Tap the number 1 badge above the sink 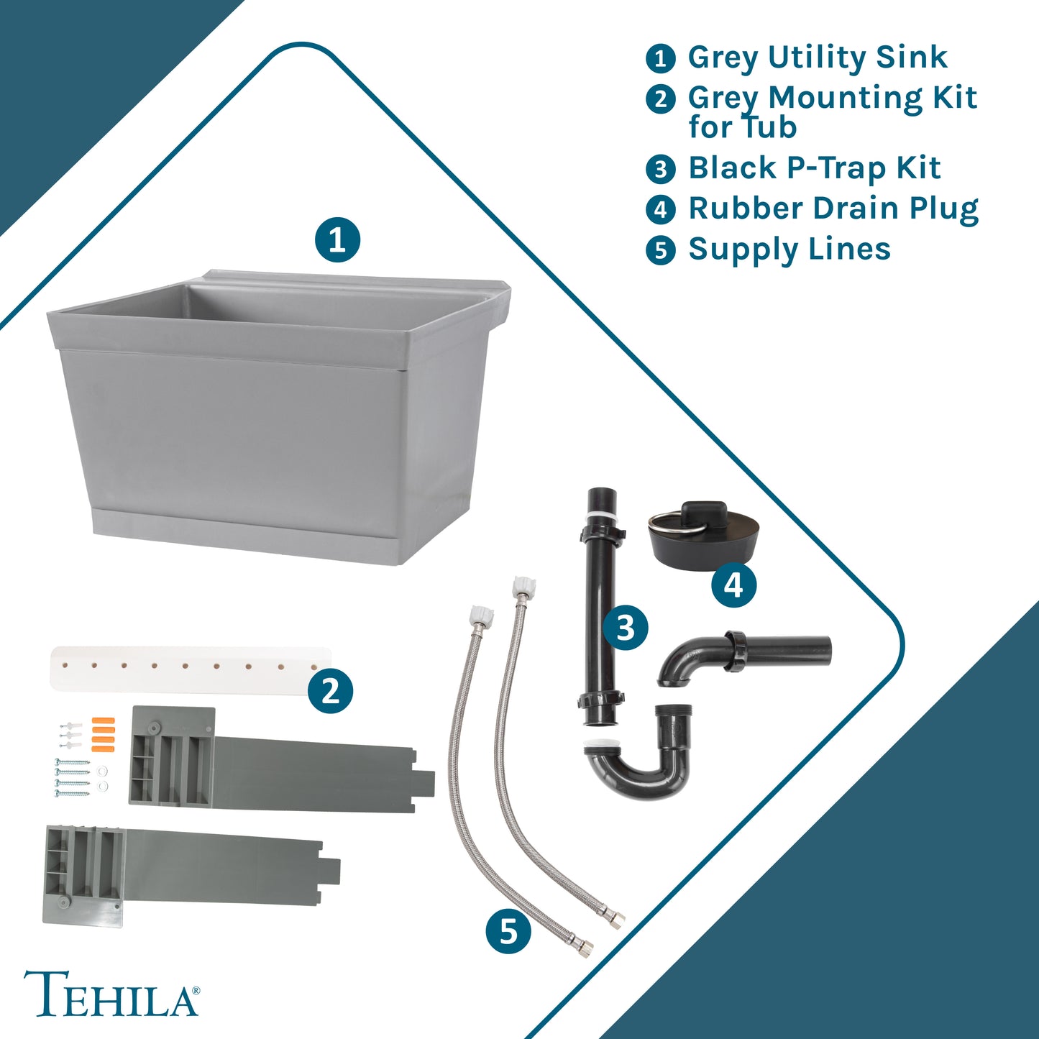(337, 240)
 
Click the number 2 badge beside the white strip (330, 691)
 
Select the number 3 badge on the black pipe (626, 628)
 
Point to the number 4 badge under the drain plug (733, 585)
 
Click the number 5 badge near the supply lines (508, 930)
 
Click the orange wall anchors (102, 734)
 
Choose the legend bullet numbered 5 (661, 251)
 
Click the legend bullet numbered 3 (661, 169)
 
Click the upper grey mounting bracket (280, 759)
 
